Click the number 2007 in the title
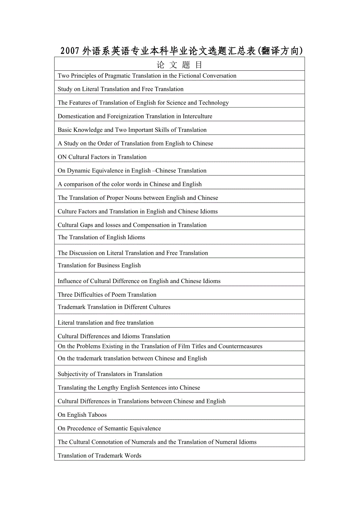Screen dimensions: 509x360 coord(70,51)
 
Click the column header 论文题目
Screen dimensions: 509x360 coord(180,65)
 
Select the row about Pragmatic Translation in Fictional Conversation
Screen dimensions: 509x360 coord(147,76)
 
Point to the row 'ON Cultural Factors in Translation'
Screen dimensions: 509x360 coord(102,157)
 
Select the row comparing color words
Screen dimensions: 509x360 coord(130,185)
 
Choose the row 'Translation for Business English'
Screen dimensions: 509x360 coord(99,265)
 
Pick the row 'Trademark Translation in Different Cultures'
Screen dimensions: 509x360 coord(114,307)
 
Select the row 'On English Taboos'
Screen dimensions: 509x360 coord(82,415)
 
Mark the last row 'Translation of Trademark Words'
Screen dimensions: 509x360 coord(99,456)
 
